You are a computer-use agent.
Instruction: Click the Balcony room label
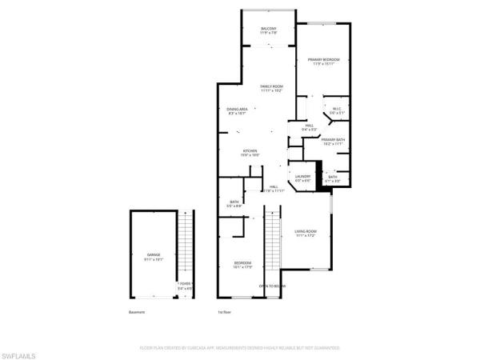tap(268, 30)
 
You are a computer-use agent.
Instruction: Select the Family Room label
tap(272, 86)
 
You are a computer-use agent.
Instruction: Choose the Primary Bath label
tap(334, 141)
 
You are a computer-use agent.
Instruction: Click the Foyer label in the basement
tap(184, 284)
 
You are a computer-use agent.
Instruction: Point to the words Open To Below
tap(272, 286)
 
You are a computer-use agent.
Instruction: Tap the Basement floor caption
tap(137, 312)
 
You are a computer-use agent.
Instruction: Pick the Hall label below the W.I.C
tap(309, 126)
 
